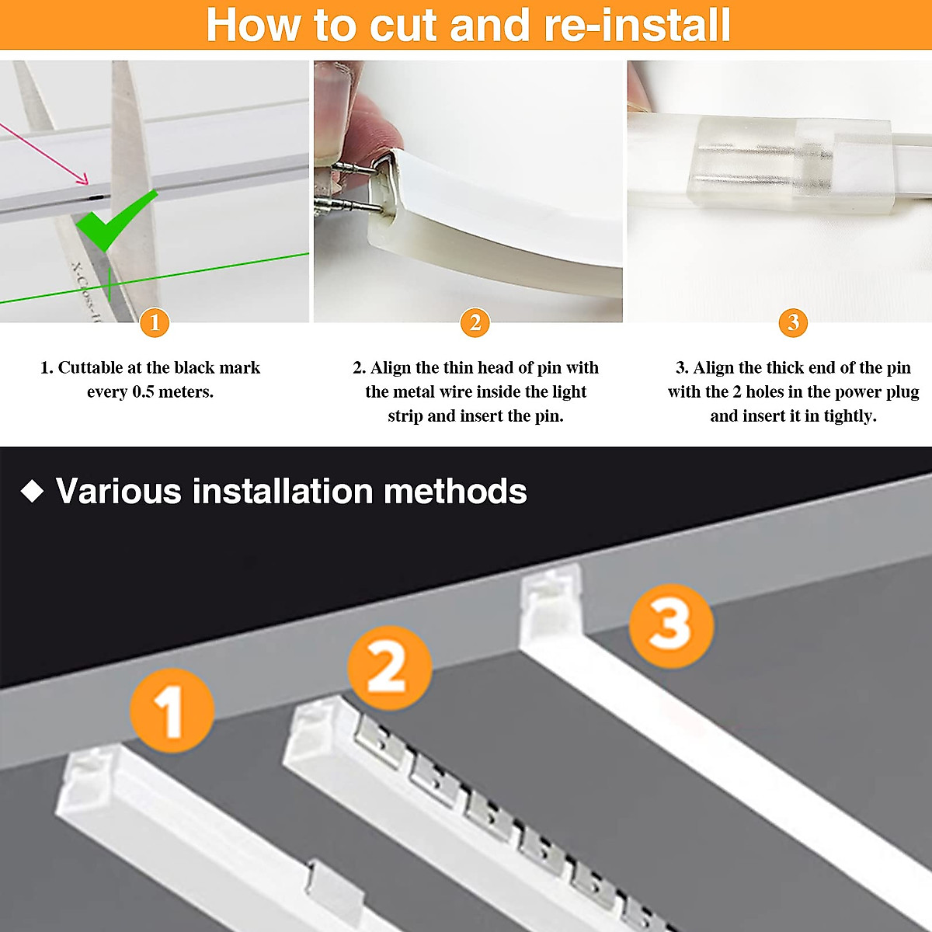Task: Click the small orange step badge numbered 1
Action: [x=155, y=322]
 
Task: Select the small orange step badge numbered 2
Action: [x=475, y=322]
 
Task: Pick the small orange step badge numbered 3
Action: [x=793, y=322]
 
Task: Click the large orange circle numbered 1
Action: [x=171, y=710]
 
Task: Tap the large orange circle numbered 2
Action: [x=389, y=667]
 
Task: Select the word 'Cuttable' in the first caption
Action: [x=90, y=368]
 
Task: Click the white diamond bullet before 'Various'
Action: [x=32, y=492]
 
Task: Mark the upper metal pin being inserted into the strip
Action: [x=351, y=166]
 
